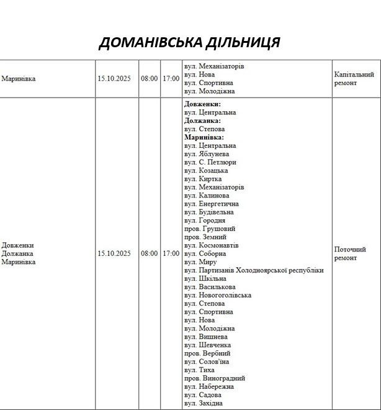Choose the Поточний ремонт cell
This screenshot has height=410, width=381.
pos(350,253)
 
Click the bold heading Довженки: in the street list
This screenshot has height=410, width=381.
pos(202,104)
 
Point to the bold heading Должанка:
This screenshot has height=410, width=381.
pos(202,121)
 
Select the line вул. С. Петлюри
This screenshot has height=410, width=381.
pos(210,162)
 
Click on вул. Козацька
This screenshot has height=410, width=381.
pos(206,170)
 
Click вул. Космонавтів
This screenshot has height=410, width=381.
pos(211,245)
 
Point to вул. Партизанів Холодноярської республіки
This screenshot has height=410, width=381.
pos(254,270)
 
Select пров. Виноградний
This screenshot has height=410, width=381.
pos(215,378)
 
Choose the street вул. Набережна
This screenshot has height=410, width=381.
pos(210,386)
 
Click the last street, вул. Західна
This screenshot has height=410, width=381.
pos(205,403)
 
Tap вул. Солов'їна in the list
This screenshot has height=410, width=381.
pos(207,362)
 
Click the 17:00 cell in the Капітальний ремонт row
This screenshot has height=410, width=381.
pos(171,79)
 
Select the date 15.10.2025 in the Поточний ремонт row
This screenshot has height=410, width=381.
pos(114,253)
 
